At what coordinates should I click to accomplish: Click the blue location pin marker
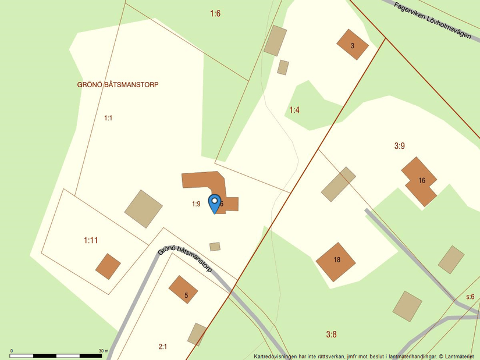point(215,203)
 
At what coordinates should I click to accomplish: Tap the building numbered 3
point(353,45)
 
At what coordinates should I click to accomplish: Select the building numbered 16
point(421,181)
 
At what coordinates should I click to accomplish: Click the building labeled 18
point(336,261)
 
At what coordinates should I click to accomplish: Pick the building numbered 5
point(184,290)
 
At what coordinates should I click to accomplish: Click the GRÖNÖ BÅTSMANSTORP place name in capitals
point(118,84)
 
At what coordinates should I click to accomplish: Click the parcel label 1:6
point(215,13)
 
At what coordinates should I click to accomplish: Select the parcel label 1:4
point(294,110)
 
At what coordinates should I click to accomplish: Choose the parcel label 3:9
point(399,146)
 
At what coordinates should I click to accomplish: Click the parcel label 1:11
point(91,240)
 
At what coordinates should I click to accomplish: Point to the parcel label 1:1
point(108,118)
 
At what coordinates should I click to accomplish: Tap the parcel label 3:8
point(331,334)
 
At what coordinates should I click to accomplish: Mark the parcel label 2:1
point(163,347)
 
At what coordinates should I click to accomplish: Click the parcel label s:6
point(470,297)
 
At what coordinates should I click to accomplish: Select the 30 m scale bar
point(57,354)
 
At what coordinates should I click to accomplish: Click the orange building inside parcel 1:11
point(108,266)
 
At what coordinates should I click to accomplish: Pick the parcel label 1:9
point(196,204)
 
